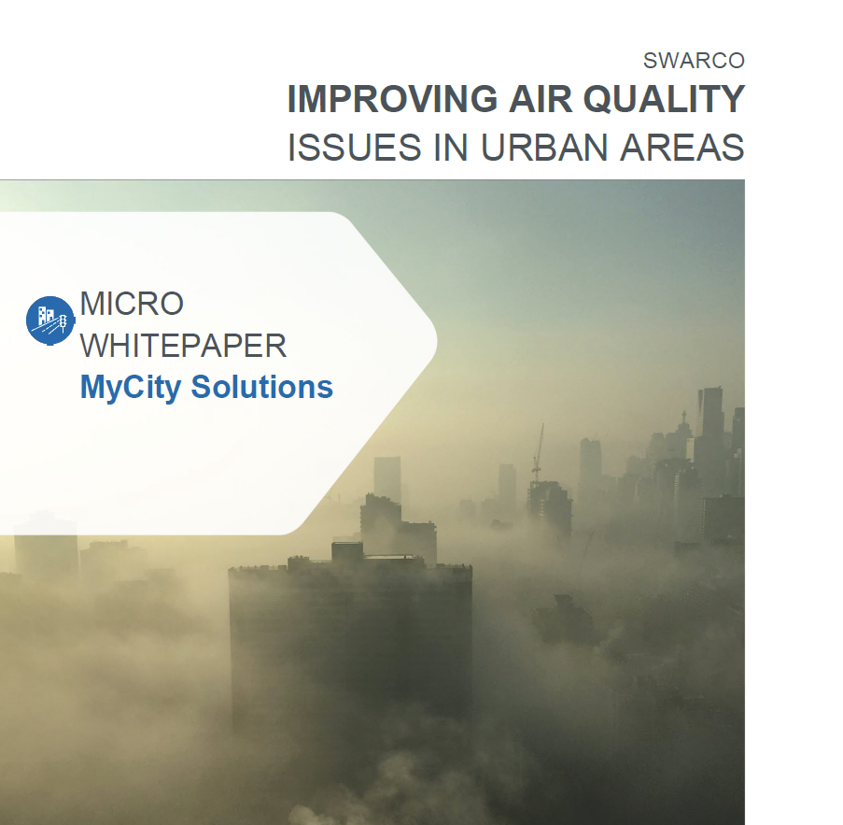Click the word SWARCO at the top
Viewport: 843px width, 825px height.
pos(694,61)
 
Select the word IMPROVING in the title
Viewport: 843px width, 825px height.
pos(392,99)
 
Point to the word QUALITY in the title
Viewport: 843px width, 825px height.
pos(664,100)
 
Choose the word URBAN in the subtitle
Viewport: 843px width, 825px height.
pos(544,148)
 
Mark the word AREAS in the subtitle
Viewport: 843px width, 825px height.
pos(681,148)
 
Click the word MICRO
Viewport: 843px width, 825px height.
pos(132,304)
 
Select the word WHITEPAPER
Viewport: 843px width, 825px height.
pos(183,346)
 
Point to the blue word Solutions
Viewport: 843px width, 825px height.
pos(262,387)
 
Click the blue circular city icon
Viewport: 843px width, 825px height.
pos(50,320)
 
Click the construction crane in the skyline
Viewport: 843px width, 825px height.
pos(538,453)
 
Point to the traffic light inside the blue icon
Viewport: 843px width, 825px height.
pos(63,322)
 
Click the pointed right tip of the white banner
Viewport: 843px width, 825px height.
pos(437,341)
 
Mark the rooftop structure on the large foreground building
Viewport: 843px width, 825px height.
pos(347,551)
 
